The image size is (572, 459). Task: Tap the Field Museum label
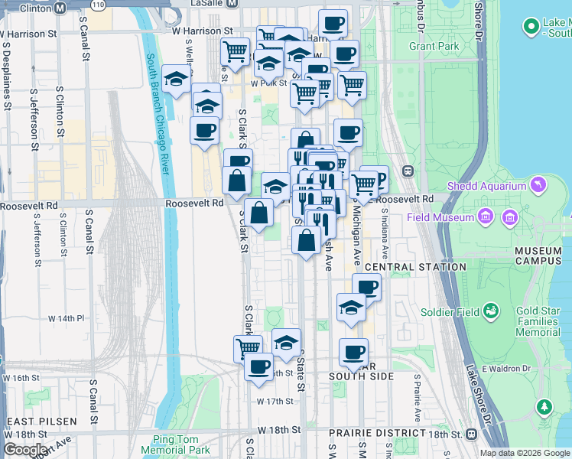pos(451,217)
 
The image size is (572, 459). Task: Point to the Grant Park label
pos(434,46)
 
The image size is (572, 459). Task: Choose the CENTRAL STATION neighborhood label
pos(414,267)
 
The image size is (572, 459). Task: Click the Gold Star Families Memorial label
pos(538,321)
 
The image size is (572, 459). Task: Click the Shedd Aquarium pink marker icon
pos(539,185)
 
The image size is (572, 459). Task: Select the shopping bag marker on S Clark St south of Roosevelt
pos(259,213)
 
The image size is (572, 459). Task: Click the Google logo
pos(25,449)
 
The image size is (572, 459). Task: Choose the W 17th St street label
pos(275,401)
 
